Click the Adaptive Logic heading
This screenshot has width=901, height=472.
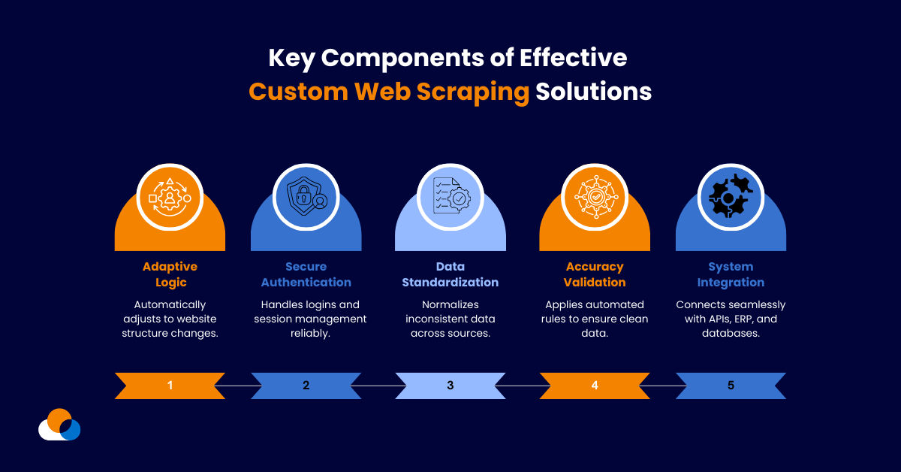point(170,274)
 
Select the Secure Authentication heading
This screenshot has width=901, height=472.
point(306,274)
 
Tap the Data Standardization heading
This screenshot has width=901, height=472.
point(450,274)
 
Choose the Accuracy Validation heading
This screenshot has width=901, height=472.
point(595,274)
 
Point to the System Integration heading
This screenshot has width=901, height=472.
point(731,274)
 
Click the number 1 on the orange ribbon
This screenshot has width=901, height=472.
point(170,386)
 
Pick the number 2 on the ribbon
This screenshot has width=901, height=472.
point(306,386)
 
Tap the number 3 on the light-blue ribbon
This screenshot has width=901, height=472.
point(450,386)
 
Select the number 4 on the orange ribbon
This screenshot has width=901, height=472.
point(595,386)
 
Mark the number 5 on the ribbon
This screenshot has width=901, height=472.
point(731,386)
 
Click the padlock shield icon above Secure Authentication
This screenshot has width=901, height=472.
point(306,198)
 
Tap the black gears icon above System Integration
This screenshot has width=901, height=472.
point(731,198)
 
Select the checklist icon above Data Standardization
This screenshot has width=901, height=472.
point(450,198)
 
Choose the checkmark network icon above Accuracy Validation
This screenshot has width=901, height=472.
point(595,198)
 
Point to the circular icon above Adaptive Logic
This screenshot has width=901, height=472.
point(170,198)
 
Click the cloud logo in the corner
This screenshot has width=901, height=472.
point(59,425)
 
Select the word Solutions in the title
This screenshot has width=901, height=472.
point(593,91)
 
